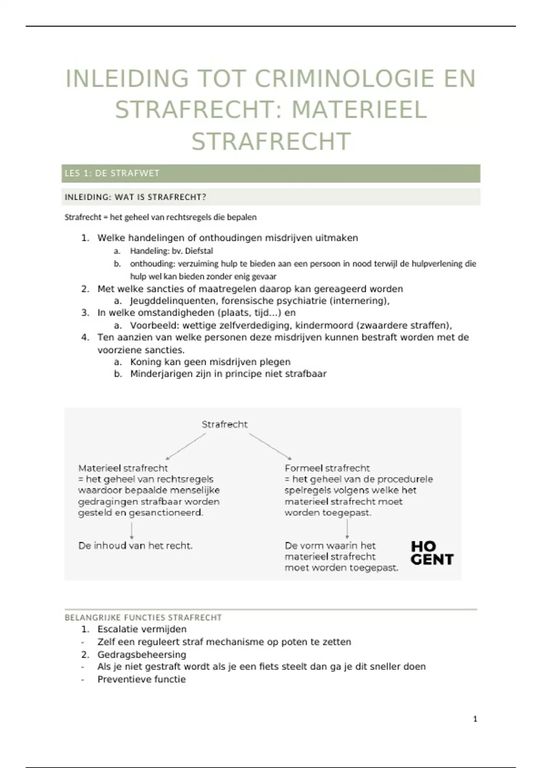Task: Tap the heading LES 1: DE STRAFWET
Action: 112,173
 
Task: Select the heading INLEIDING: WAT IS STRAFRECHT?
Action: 135,197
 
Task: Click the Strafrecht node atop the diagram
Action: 224,424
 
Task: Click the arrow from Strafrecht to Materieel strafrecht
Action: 186,446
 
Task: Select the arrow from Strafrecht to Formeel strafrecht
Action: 270,446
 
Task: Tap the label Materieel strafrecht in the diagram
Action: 123,468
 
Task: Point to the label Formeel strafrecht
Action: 327,468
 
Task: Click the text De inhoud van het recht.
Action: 135,546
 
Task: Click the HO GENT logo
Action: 431,553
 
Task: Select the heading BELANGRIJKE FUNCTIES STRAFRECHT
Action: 143,618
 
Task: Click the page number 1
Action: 475,719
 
